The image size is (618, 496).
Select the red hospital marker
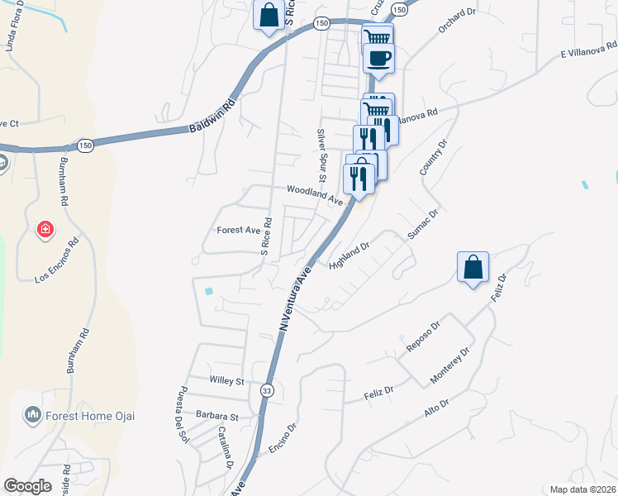coord(45,228)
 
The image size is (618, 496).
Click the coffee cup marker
coord(378,58)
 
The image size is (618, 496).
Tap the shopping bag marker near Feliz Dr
coord(473,267)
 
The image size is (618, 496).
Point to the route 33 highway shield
coord(267,390)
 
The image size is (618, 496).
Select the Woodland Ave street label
coord(315,194)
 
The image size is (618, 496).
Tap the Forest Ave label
coord(238,230)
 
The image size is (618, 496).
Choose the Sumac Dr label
coord(421,224)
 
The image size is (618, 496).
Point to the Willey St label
coord(227,382)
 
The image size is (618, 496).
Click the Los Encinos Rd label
coord(56,260)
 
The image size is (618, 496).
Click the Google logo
coord(28,486)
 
